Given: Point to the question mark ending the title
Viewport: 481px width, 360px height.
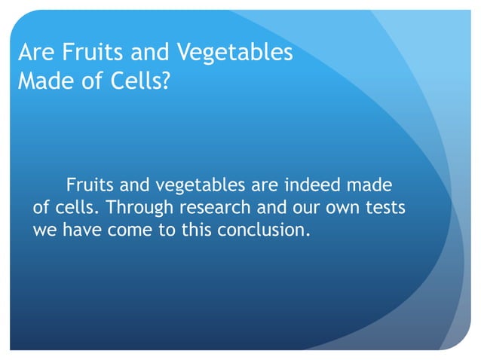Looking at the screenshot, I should (165, 81).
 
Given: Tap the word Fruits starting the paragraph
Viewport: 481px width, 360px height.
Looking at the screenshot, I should (89, 185).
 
